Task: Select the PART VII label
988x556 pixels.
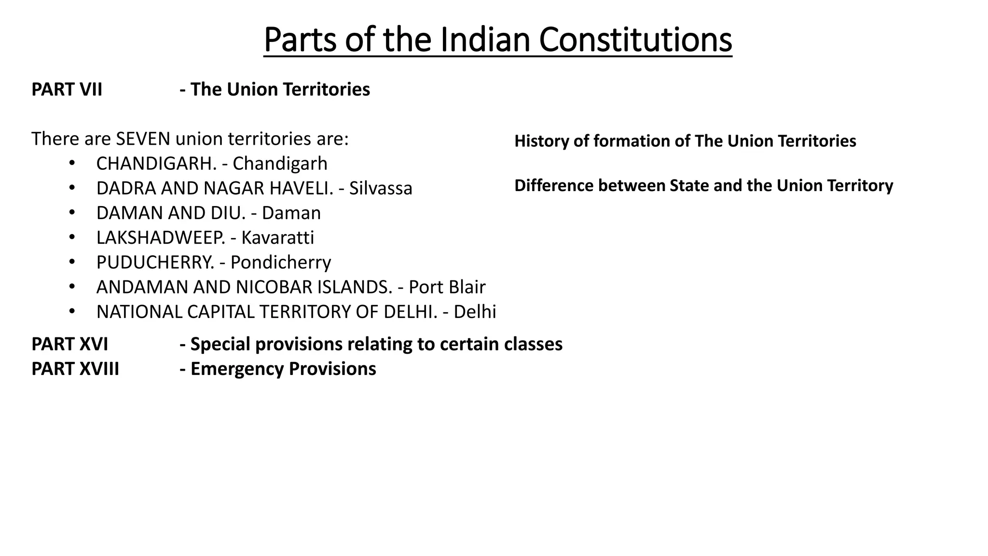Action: (x=67, y=90)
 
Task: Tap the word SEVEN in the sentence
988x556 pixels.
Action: (x=143, y=139)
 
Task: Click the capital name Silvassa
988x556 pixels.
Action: (x=381, y=188)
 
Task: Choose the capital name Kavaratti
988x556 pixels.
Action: (x=277, y=237)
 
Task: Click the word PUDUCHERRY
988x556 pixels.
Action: (x=155, y=263)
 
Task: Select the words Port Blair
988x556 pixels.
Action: (x=447, y=287)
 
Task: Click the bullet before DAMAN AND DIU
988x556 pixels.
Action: (x=72, y=213)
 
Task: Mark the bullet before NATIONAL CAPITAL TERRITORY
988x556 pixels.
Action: (x=72, y=312)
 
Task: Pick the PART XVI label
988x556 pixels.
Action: (x=69, y=344)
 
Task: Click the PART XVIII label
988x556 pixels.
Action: (x=75, y=369)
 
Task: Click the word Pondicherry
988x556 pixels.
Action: (x=280, y=263)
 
